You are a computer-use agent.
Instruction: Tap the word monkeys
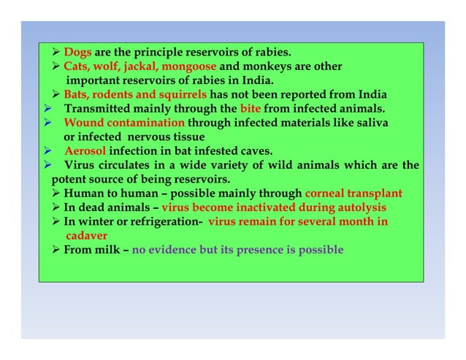tap(259, 66)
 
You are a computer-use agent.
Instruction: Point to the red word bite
tap(251, 110)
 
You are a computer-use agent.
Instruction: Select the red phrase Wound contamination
tap(124, 123)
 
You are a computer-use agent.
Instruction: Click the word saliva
tap(371, 123)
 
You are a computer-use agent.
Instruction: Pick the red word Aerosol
tap(85, 151)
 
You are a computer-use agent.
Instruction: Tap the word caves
tap(254, 151)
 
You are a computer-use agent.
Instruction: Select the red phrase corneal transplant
tap(353, 194)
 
